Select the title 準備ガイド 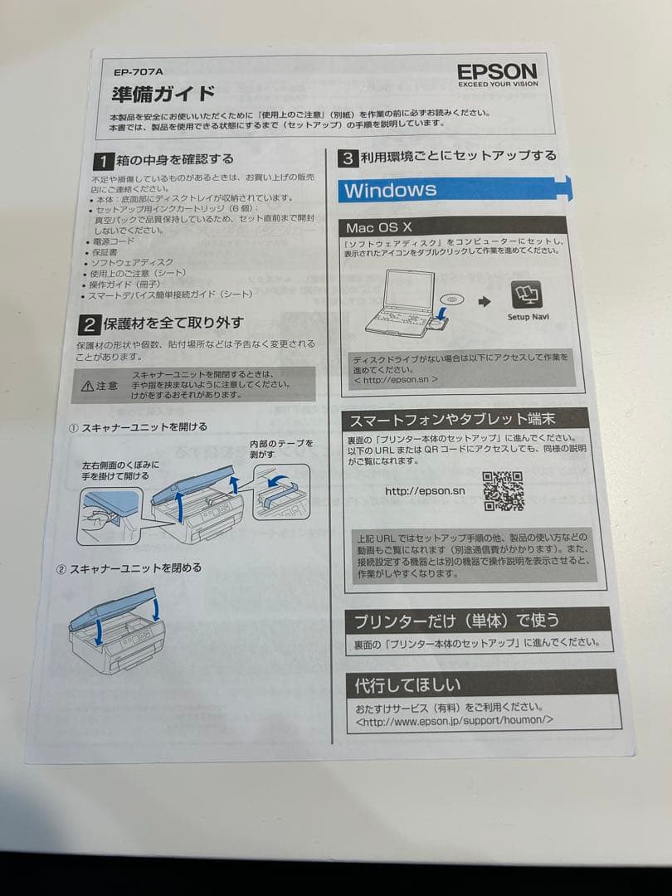[x=163, y=93]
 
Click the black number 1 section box [x=102, y=159]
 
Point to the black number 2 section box [x=90, y=323]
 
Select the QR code [x=503, y=490]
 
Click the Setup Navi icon [x=528, y=296]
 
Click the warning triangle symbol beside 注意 [x=87, y=386]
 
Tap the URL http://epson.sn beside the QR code [x=425, y=491]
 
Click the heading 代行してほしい [x=408, y=685]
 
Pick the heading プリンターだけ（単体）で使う [x=457, y=621]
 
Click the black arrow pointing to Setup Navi [x=485, y=300]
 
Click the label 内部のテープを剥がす [x=281, y=449]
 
